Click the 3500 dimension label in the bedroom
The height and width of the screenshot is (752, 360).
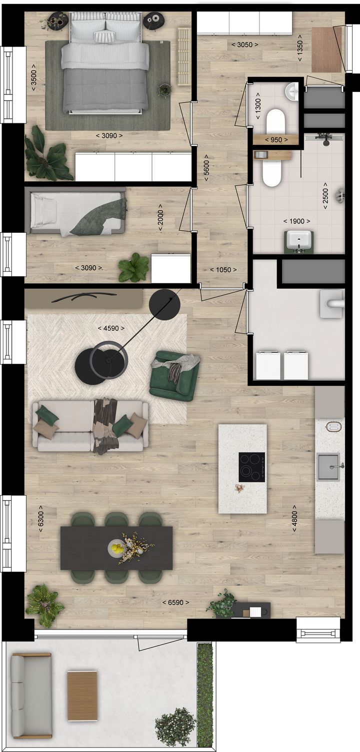pos(33,76)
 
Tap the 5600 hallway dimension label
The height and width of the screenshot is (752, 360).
pos(205,166)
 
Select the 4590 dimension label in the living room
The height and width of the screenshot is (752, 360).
pos(111,328)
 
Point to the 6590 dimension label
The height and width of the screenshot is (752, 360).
pos(175,603)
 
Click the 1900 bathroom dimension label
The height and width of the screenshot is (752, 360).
pos(296,221)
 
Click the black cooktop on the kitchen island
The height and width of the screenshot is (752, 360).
pos(251,467)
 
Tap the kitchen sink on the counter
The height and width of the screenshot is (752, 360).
pos(328,467)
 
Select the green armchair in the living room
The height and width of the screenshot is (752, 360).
pos(174,376)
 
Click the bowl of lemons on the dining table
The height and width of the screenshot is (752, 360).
pos(117,548)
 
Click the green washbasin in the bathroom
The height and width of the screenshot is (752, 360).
pos(299,241)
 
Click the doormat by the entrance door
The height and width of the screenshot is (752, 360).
pos(326,49)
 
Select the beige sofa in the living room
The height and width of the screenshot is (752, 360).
pos(90,426)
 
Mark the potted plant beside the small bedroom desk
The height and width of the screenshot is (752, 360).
pos(134,268)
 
